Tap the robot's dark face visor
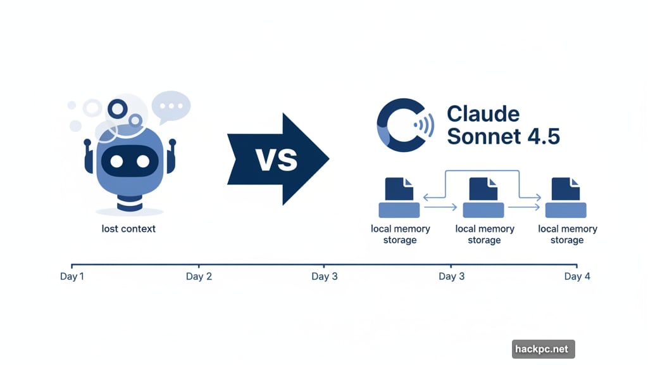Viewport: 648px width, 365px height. [129, 161]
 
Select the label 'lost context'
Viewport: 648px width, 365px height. [128, 228]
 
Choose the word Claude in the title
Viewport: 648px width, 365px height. [483, 114]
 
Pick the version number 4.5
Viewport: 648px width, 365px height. [542, 137]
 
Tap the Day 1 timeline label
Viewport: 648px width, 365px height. [72, 276]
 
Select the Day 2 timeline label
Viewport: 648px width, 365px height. [199, 276]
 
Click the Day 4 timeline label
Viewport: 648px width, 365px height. [577, 276]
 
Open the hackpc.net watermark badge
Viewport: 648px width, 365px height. [543, 349]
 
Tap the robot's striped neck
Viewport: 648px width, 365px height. [130, 202]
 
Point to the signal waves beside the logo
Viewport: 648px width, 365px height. [426, 125]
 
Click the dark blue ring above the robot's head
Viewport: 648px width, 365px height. [117, 109]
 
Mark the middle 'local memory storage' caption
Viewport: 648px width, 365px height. [484, 234]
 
